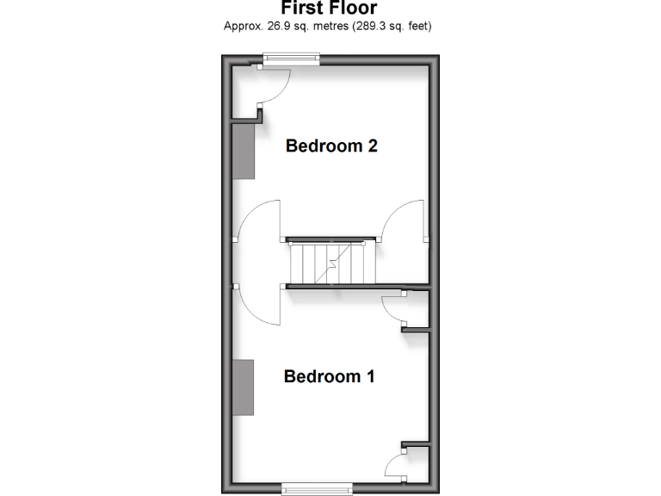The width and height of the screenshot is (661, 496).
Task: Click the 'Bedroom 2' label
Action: coord(331,146)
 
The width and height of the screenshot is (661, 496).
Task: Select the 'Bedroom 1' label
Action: coord(330,376)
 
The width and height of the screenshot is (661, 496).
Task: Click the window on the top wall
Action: coord(291,59)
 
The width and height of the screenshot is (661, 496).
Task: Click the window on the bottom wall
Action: coord(317,488)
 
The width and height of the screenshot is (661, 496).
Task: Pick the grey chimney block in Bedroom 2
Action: coord(244,151)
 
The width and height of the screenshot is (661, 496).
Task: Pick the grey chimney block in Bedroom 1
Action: coord(244,387)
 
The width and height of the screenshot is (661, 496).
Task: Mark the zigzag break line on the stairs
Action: coord(329,263)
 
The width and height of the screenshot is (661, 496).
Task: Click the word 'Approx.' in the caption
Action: coord(242,26)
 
